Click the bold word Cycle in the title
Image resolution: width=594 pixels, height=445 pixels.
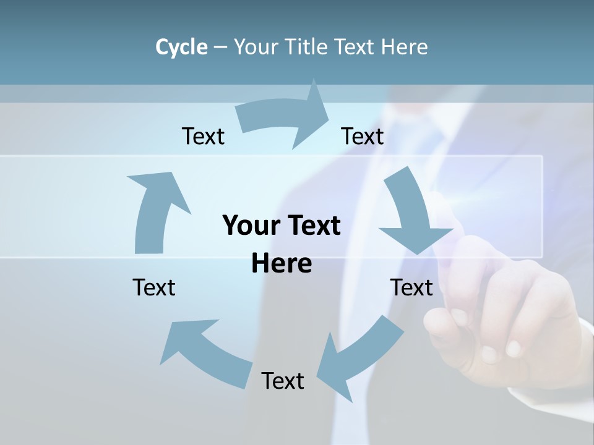(181, 47)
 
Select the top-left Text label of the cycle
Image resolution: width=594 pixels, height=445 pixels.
(203, 136)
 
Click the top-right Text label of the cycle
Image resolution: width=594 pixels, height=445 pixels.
(363, 136)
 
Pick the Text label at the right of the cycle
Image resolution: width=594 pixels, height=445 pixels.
(411, 287)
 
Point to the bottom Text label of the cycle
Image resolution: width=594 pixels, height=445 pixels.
(283, 381)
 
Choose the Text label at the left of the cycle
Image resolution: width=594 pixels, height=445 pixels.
(154, 287)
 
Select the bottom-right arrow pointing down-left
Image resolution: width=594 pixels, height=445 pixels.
(359, 355)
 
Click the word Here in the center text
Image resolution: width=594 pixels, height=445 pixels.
(282, 263)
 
